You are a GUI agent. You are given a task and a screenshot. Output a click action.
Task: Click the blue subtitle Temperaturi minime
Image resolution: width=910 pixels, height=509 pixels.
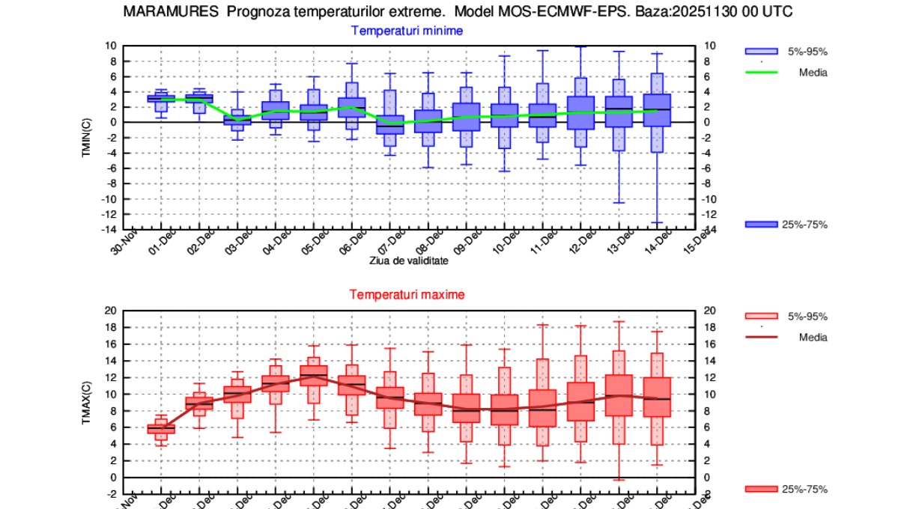pos(407,31)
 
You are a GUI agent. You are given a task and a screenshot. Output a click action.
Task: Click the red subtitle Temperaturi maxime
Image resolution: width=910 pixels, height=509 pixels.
pos(407,294)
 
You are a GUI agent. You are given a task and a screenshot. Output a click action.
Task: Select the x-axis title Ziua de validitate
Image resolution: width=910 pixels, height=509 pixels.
pos(408,260)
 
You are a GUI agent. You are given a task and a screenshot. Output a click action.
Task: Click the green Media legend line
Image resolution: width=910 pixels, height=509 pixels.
pos(761,73)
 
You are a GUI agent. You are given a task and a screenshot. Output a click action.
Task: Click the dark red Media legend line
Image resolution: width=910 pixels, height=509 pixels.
pos(761,337)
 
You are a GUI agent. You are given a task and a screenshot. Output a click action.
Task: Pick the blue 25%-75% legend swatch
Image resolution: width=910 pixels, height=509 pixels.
pos(761,225)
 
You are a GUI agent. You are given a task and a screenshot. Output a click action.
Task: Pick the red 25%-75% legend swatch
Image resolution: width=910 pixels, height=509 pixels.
pos(761,489)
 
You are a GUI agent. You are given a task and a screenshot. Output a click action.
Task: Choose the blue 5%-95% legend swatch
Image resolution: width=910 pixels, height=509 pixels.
pos(761,51)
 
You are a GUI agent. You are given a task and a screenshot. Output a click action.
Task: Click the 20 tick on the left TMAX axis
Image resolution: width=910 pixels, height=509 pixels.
pos(110,311)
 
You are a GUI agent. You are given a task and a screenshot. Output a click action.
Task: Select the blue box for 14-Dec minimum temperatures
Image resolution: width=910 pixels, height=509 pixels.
pos(657,110)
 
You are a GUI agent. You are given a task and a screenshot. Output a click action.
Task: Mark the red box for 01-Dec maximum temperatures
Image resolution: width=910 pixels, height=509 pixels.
pos(161,428)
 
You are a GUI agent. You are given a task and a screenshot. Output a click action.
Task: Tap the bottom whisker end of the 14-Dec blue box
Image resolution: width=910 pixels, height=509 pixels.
pos(657,222)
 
